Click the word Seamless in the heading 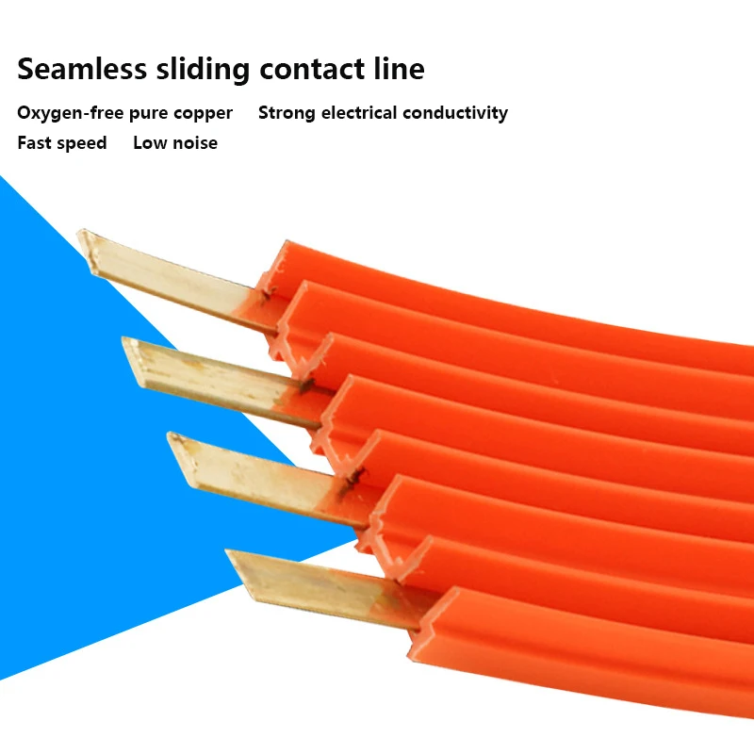pos(83,69)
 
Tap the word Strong pos(287,113)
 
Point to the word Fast pos(36,143)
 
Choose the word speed pos(83,143)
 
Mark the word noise pos(193,143)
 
